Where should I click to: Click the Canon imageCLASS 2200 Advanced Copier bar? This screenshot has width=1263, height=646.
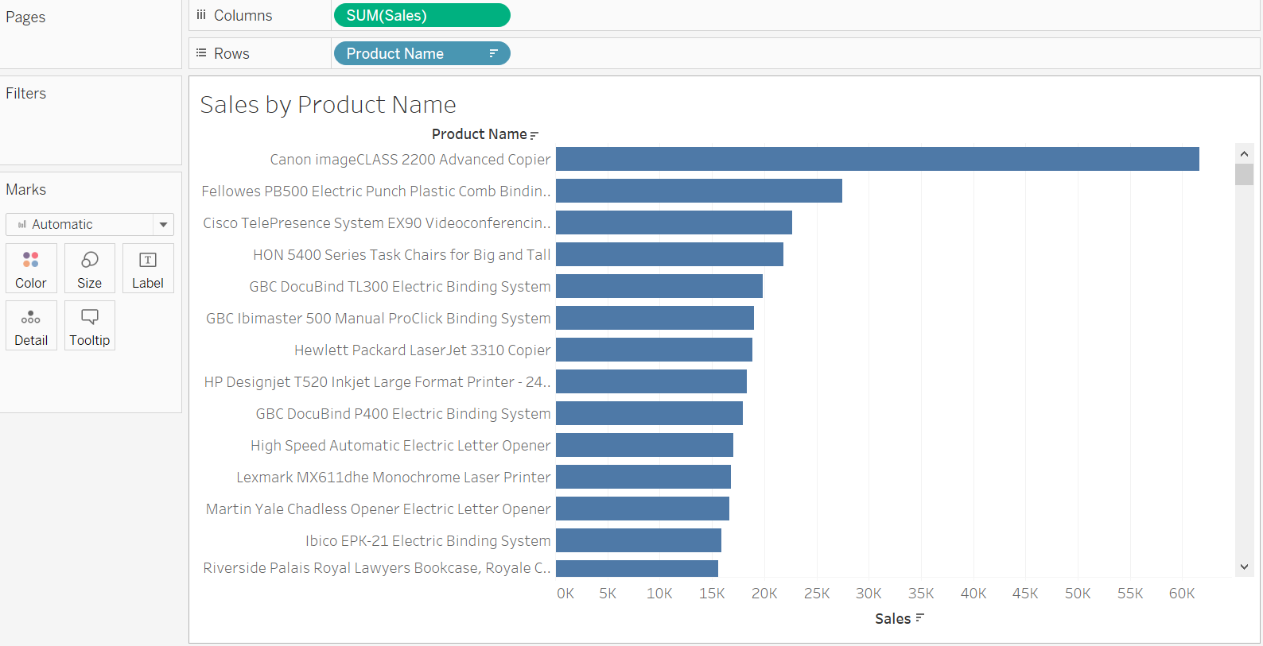(x=876, y=159)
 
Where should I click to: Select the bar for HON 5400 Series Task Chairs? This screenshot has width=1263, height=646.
(x=669, y=254)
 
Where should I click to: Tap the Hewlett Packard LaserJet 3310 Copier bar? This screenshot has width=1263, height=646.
(x=654, y=350)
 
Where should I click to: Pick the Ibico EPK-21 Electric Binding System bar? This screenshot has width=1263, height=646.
(x=638, y=540)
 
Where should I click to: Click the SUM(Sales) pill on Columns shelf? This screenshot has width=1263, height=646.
(x=422, y=15)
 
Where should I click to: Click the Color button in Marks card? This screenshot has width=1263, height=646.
(x=31, y=269)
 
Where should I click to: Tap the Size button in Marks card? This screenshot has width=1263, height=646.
(x=89, y=269)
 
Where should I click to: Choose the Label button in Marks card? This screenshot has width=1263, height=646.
(x=148, y=269)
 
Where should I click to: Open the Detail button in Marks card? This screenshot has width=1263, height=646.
(x=31, y=326)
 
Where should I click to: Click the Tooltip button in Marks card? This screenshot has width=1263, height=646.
(x=90, y=326)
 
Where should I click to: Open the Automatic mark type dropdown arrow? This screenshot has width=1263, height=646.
(x=163, y=224)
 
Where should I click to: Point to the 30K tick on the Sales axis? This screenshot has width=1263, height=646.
(x=869, y=594)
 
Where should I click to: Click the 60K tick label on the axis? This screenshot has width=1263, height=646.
(x=1182, y=594)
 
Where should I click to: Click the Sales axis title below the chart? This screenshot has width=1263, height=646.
(x=892, y=619)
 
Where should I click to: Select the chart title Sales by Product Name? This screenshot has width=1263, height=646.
(x=328, y=105)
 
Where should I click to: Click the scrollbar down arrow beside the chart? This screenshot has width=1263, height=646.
(x=1244, y=567)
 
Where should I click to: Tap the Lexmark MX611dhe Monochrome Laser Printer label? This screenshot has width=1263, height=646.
(x=393, y=478)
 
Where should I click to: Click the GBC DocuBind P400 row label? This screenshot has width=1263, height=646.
(x=402, y=414)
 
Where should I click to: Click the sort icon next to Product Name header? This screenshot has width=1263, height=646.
(x=534, y=135)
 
